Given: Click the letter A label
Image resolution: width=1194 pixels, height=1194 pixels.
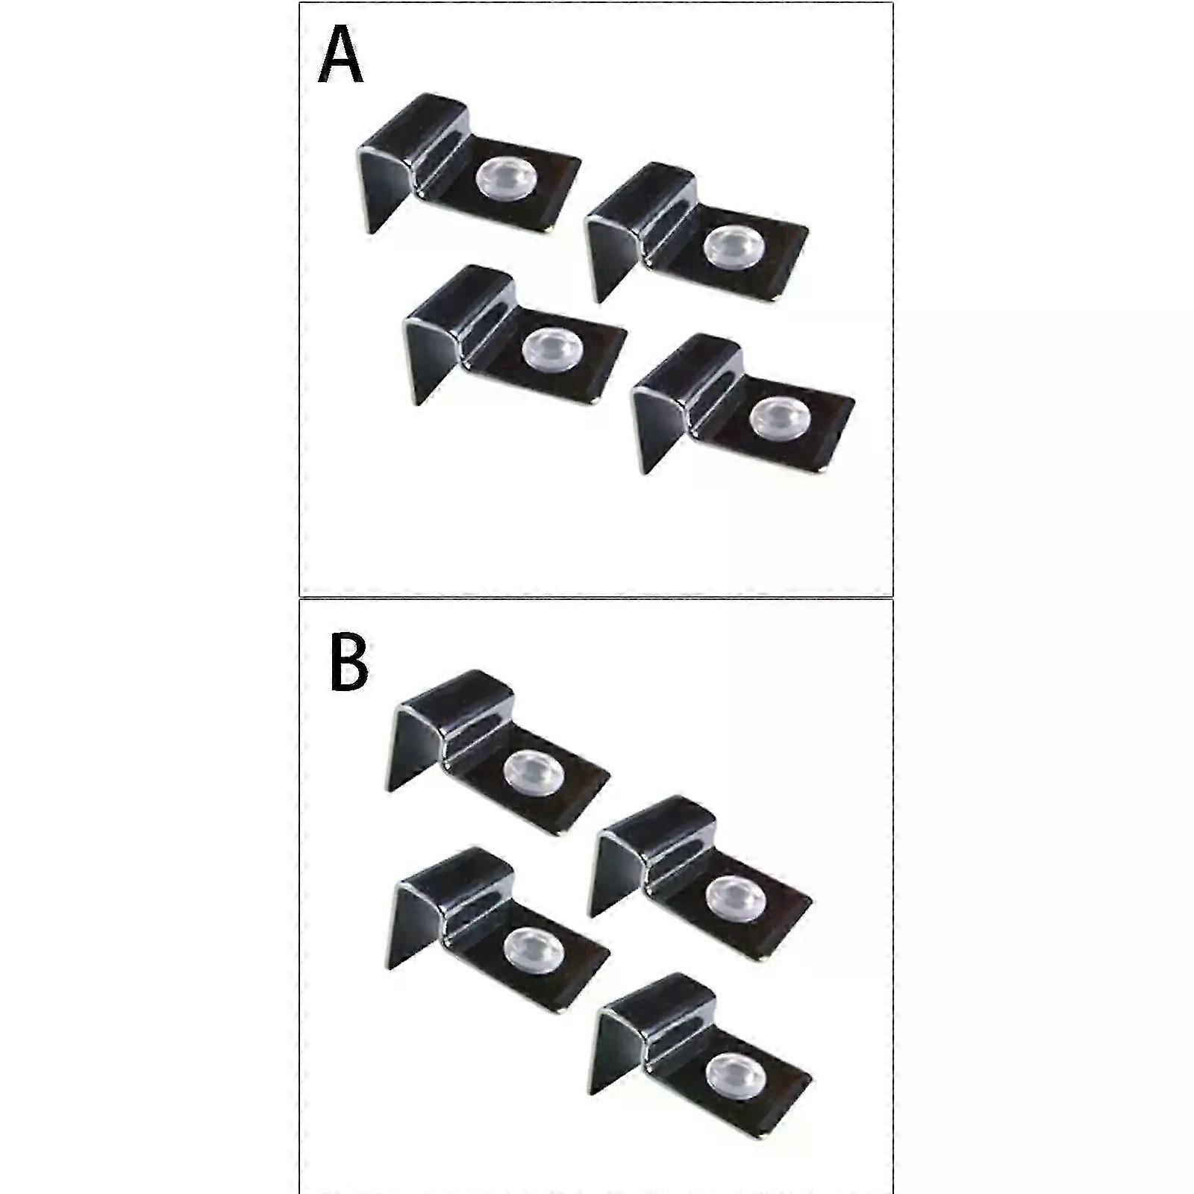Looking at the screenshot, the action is click(x=340, y=56).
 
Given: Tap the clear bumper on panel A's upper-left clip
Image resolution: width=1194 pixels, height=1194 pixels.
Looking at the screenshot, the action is click(x=505, y=180).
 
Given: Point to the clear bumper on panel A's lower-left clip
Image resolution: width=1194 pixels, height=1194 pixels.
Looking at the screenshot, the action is click(x=552, y=349).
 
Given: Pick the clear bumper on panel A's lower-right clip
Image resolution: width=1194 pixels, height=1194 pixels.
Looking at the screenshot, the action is click(x=779, y=417).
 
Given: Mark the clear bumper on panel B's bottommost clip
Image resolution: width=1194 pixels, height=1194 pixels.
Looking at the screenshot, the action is click(x=735, y=1073).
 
